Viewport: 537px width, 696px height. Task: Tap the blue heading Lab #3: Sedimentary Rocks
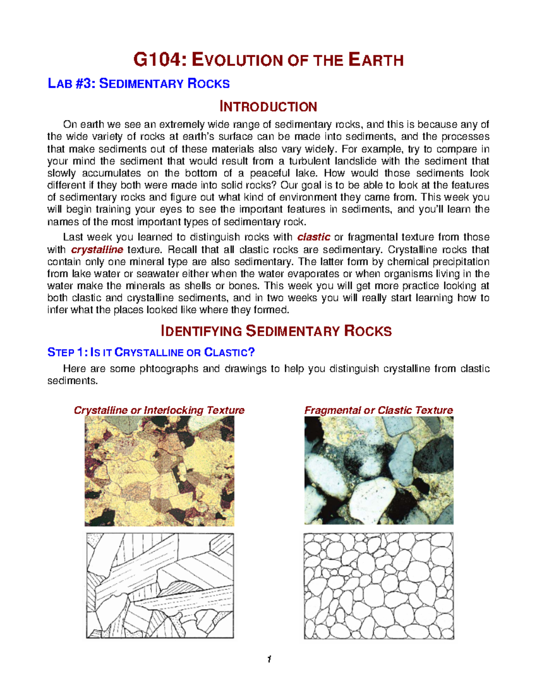point(139,84)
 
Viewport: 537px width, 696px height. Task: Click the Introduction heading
point(268,107)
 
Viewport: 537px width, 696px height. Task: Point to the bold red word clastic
point(314,237)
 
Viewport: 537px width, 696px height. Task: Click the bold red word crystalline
point(97,250)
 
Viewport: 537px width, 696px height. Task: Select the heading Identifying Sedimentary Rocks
point(276,331)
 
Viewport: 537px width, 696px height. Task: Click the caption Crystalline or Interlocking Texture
point(159,410)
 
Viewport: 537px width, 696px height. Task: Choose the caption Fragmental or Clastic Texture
point(379,410)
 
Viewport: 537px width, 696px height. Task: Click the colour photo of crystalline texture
point(159,471)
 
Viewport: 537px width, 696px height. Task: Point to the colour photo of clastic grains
point(379,470)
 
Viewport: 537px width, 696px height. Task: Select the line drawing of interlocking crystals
point(160,585)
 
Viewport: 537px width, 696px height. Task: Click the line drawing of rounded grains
point(379,586)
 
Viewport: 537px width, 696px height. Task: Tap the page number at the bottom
point(268,659)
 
